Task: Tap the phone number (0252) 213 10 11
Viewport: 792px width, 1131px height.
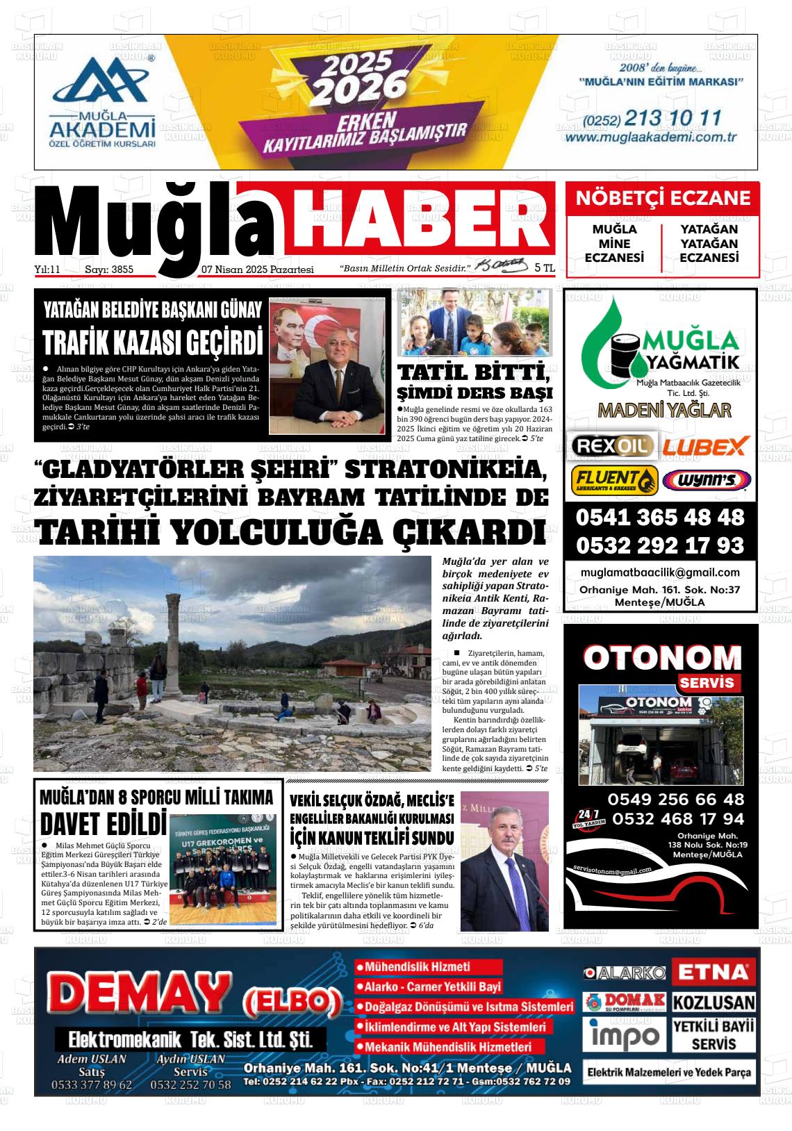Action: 652,118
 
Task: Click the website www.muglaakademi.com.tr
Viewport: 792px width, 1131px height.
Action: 650,137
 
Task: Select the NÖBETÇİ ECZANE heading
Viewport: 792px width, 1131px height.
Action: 663,199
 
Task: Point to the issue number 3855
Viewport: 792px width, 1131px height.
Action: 122,270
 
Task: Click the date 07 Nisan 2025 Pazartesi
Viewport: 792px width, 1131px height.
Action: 257,270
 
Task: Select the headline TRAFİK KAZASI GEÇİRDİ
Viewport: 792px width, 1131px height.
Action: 153,342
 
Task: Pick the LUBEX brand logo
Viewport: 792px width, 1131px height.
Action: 704,445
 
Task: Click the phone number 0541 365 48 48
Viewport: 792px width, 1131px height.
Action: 659,518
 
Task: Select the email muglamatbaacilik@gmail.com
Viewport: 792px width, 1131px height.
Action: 660,572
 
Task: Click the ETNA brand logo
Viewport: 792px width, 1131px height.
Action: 713,971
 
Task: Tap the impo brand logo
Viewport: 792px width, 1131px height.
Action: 623,1035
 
